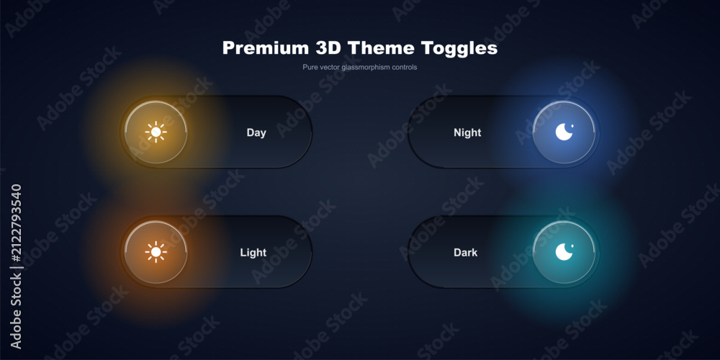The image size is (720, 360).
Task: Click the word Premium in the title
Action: [x=266, y=48]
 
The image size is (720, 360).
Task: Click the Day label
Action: [x=256, y=132]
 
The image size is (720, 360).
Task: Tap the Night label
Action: [x=467, y=132]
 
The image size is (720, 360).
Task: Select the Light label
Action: [x=253, y=253]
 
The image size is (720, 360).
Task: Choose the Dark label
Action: [x=466, y=253]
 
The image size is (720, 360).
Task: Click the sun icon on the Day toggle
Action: [x=156, y=132]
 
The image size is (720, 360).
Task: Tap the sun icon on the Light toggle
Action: [x=156, y=252]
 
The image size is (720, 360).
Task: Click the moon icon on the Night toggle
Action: [x=564, y=132]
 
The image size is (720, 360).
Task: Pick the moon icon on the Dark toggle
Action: [x=564, y=252]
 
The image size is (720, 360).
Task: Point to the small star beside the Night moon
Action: [x=572, y=125]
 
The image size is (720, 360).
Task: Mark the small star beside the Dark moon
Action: [x=572, y=246]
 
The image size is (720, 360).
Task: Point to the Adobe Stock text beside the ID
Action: [x=16, y=310]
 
